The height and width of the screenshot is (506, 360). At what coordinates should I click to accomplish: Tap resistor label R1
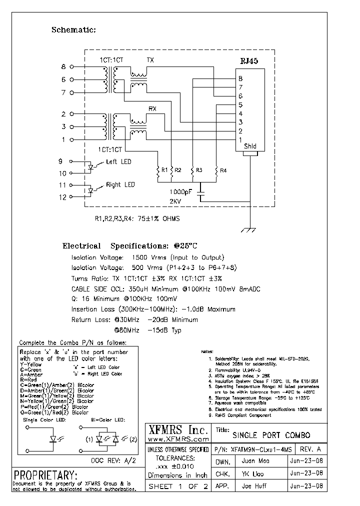(164, 170)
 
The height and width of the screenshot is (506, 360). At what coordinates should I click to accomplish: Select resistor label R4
(223, 170)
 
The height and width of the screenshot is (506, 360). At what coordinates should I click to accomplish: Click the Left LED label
(118, 162)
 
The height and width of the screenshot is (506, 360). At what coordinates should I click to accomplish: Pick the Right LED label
(120, 184)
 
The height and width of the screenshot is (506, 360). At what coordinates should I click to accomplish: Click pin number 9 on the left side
(61, 161)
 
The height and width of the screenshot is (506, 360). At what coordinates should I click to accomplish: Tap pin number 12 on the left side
(62, 197)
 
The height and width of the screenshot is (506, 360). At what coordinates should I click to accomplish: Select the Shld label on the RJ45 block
(250, 146)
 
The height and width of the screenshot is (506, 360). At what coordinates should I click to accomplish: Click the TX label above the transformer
(150, 60)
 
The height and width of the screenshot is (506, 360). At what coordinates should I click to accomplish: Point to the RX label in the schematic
(152, 108)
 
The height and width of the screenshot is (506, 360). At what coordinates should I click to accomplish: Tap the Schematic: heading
(73, 30)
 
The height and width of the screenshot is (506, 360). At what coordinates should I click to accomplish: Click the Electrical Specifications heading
(130, 246)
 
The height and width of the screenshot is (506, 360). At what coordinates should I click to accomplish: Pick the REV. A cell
(311, 448)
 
